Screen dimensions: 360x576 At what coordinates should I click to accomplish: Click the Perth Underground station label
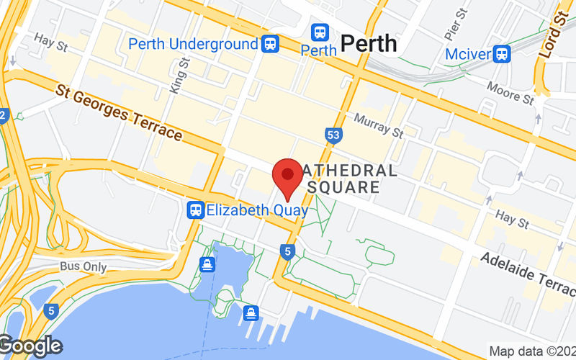click(193, 44)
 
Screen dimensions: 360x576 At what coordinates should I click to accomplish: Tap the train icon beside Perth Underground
click(271, 44)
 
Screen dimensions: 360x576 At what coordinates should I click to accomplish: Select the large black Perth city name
click(369, 43)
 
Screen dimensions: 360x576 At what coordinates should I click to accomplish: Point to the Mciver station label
click(467, 54)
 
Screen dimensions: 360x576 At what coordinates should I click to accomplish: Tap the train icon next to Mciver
click(502, 54)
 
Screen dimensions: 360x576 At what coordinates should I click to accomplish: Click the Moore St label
click(509, 94)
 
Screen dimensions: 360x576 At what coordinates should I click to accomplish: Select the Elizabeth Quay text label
click(257, 210)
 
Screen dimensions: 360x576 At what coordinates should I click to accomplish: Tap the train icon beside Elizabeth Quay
click(195, 210)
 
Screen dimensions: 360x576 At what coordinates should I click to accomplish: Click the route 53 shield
click(333, 135)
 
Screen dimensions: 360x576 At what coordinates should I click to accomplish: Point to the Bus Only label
click(84, 267)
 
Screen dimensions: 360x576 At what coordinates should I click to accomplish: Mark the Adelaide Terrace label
click(528, 271)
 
